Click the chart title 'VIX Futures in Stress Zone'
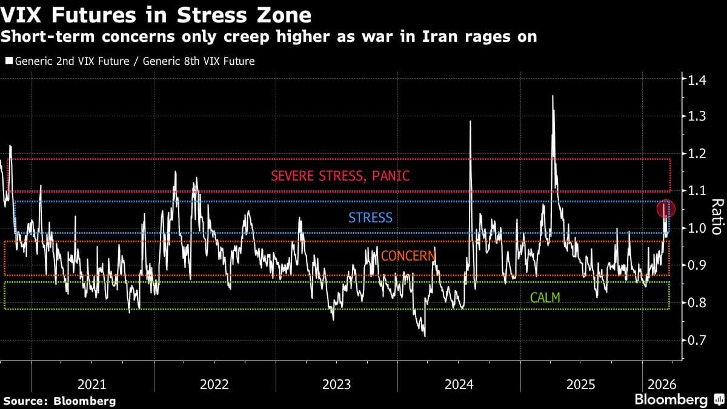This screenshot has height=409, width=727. coord(157,15)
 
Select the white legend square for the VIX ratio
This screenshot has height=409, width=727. coord(8,61)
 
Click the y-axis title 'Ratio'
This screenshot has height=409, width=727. coord(715,216)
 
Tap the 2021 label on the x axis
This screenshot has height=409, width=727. coord(92,384)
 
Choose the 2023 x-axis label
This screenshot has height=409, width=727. coord(336,384)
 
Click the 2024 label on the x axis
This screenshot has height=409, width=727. coord(459,384)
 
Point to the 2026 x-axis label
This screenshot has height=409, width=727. coord(662,384)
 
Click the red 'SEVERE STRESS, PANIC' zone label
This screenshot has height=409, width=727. coord(340,176)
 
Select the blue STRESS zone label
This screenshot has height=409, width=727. coord(370,218)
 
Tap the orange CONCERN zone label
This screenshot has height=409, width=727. coord(408,256)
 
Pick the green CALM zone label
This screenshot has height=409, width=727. coord(545,298)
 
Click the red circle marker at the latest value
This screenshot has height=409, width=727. coord(665,209)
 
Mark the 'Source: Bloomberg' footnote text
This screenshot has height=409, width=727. coord(59,401)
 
